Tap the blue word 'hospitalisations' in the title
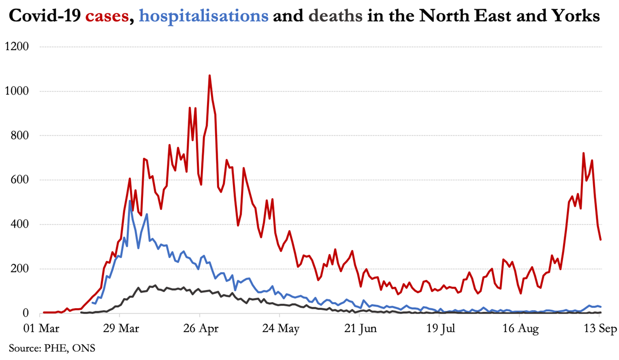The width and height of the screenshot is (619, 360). [x=203, y=17]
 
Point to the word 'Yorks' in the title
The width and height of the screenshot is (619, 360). [x=578, y=17]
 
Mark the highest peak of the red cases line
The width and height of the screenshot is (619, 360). [x=210, y=76]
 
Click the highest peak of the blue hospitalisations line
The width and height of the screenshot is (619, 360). [x=129, y=201]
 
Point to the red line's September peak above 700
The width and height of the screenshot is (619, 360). [x=583, y=153]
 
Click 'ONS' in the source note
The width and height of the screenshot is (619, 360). [x=84, y=348]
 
